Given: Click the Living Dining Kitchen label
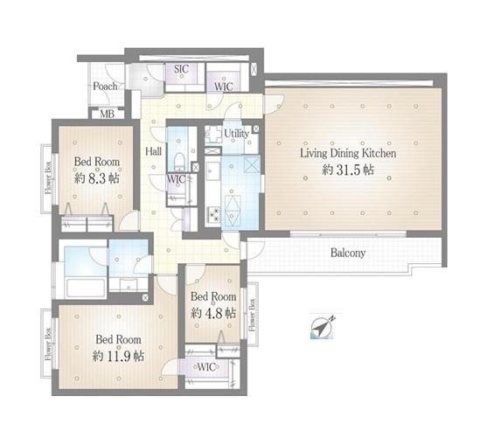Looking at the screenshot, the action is (348, 154).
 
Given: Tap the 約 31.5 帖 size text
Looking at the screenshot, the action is (348, 170).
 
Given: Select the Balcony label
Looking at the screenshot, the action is (348, 254).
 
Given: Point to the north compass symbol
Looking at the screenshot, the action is (323, 328).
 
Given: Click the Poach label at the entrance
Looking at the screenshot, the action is (105, 86).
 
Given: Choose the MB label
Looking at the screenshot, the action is (108, 114).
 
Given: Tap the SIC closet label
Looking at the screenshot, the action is (181, 69).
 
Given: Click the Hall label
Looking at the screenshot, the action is (153, 151).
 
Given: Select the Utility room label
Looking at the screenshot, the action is (236, 134).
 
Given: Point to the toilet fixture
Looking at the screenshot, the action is (179, 161).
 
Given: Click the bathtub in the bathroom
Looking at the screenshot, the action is (86, 288).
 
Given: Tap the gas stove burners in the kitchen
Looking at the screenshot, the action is (213, 213).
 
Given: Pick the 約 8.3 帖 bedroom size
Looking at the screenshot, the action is (97, 178).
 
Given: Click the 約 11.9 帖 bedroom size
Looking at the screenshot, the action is (118, 356).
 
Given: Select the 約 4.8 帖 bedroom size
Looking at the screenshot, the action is (213, 313).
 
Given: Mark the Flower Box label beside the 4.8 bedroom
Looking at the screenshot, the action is (252, 315).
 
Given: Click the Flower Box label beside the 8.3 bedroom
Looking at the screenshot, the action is (48, 177).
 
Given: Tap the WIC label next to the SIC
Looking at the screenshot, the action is (223, 87).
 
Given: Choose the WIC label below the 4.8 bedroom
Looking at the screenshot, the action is (206, 367).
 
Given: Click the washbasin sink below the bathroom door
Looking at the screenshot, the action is (128, 284).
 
